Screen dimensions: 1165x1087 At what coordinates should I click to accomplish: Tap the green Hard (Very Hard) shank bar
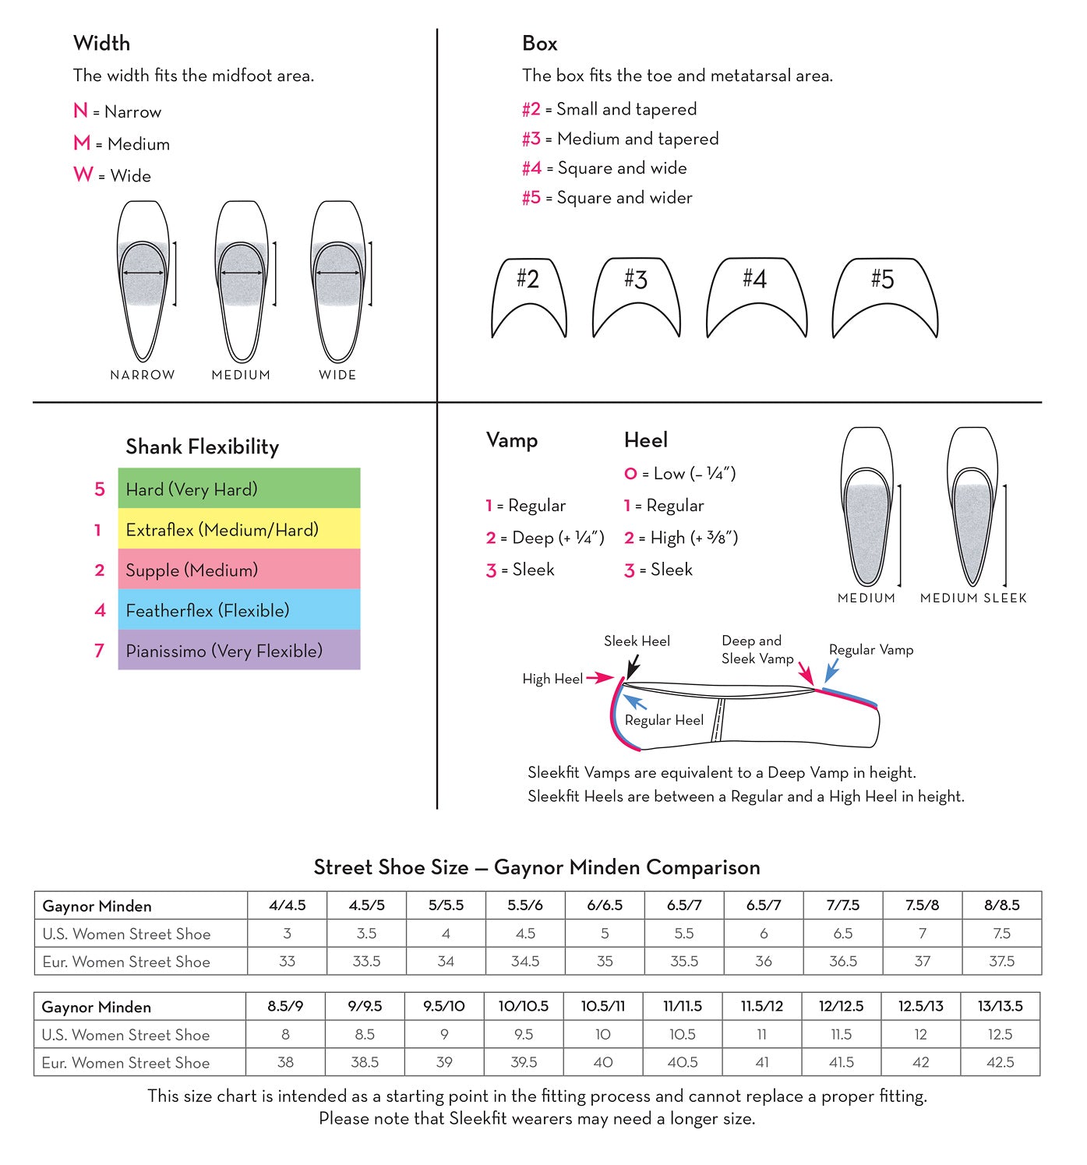(x=238, y=489)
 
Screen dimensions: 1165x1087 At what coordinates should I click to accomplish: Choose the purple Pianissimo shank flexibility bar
(x=238, y=650)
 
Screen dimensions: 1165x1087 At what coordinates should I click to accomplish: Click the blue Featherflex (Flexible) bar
(x=238, y=609)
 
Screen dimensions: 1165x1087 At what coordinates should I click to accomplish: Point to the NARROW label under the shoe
(x=143, y=375)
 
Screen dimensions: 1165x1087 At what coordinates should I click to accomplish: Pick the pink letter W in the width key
(x=83, y=175)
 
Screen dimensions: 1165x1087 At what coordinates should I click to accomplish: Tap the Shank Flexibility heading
(x=202, y=447)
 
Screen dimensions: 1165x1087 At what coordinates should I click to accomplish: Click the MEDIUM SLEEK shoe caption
(x=973, y=598)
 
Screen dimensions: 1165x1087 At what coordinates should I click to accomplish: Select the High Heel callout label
(x=552, y=679)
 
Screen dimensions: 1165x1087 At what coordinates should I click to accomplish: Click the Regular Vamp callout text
(x=870, y=649)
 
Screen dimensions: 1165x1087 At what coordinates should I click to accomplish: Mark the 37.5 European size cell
(x=1001, y=961)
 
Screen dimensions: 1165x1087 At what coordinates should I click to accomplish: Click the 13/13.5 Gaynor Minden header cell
(x=1000, y=1006)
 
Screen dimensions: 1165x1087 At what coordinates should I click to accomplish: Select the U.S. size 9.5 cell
(x=524, y=1034)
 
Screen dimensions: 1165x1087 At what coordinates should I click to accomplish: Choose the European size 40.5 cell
(x=683, y=1062)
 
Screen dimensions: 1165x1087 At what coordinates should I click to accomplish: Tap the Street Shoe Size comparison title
(x=536, y=867)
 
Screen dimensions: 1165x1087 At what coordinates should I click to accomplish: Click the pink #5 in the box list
(x=531, y=198)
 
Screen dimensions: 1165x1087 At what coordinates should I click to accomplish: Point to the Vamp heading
(x=511, y=440)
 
